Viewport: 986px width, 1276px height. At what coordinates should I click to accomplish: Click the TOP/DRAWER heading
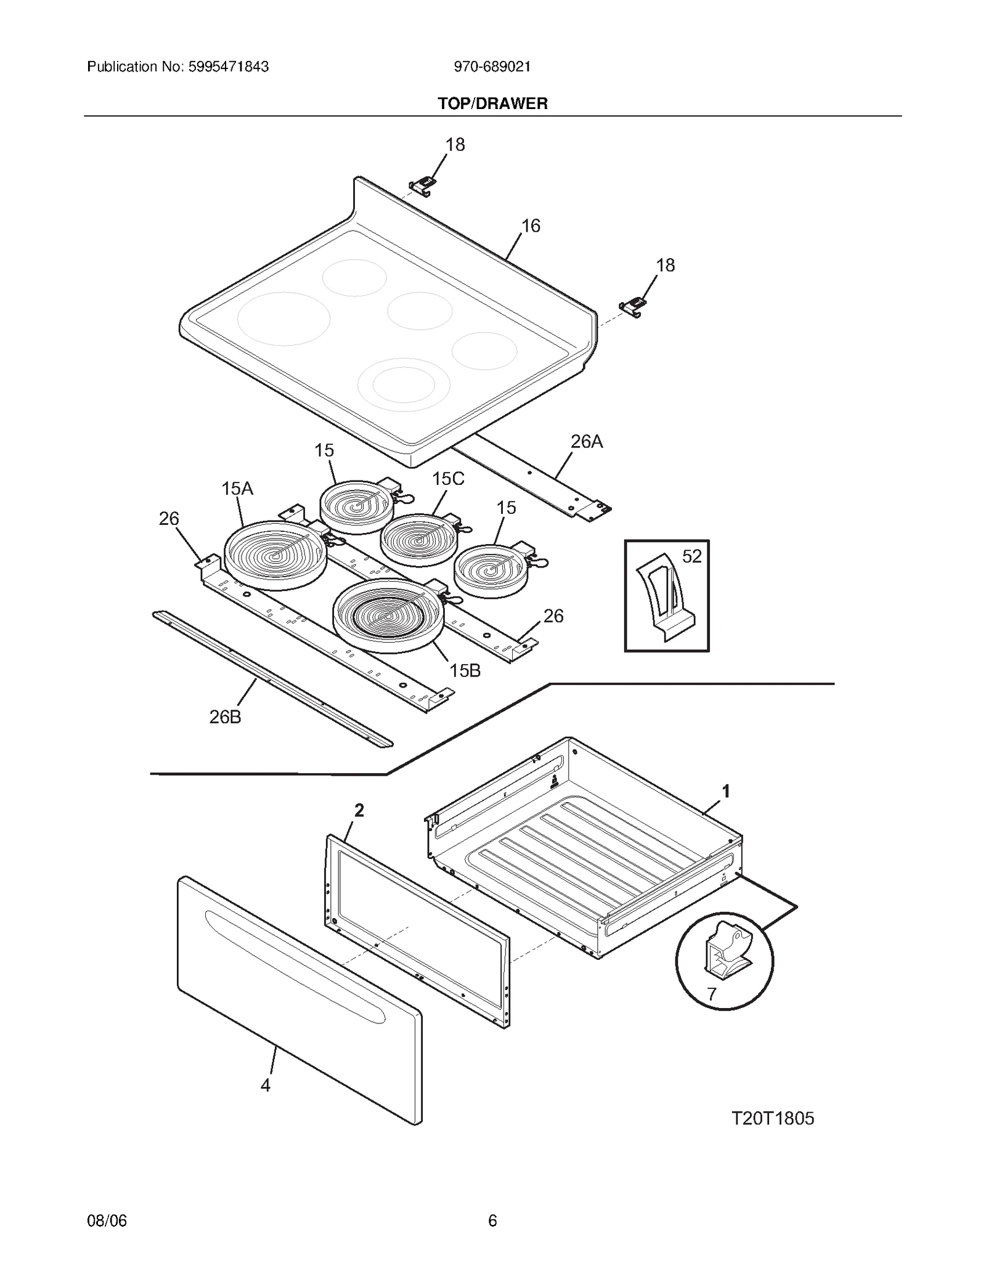point(492,104)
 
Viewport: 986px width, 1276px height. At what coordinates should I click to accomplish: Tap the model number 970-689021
point(492,67)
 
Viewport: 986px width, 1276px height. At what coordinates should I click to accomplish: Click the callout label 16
point(531,226)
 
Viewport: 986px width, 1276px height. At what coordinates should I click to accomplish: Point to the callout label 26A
point(586,441)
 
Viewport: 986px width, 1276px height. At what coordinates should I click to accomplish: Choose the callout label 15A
point(237,489)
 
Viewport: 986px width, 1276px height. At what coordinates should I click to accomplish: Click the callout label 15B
point(465,670)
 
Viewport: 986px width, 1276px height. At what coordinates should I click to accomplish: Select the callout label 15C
point(448,479)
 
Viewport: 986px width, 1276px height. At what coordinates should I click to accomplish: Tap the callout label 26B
point(225,717)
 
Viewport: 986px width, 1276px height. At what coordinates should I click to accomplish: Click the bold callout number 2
point(359,810)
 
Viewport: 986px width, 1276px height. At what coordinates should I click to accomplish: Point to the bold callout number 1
point(726,790)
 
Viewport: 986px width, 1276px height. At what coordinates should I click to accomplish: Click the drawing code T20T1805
point(772,1118)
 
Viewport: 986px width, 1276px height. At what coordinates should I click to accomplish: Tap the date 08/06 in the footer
point(107,1221)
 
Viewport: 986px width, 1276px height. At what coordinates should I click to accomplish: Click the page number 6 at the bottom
point(492,1221)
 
